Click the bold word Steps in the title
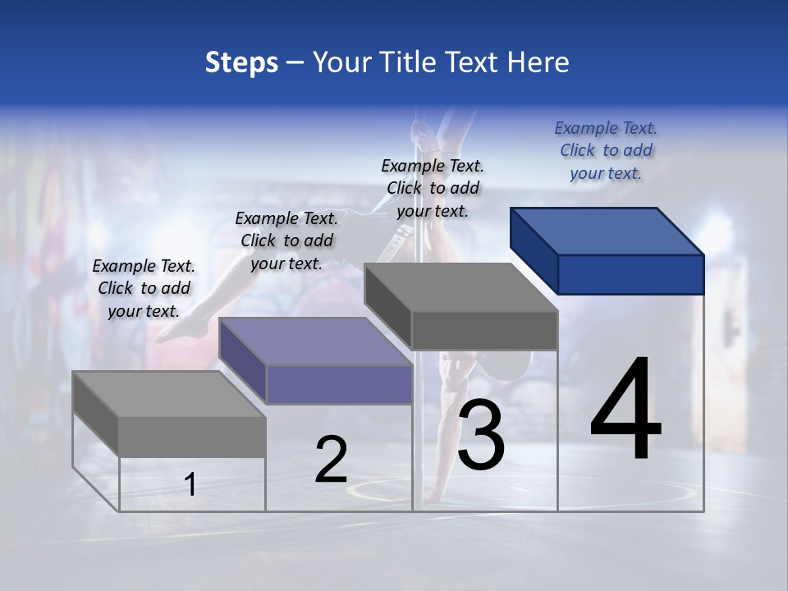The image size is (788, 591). (241, 62)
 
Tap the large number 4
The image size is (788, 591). (626, 410)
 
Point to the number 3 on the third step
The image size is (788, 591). (481, 435)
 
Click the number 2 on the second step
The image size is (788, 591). (332, 460)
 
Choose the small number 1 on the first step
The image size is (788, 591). (190, 485)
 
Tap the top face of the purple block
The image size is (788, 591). (315, 341)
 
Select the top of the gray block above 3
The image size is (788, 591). (460, 288)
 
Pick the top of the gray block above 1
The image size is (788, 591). (168, 394)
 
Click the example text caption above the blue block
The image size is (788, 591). (606, 151)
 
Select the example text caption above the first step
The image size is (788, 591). (144, 289)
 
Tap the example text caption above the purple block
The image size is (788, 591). (286, 241)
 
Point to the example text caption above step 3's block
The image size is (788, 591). (433, 188)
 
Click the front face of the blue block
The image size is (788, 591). (630, 274)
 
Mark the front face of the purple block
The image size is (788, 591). (339, 384)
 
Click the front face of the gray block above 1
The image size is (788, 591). (192, 436)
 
